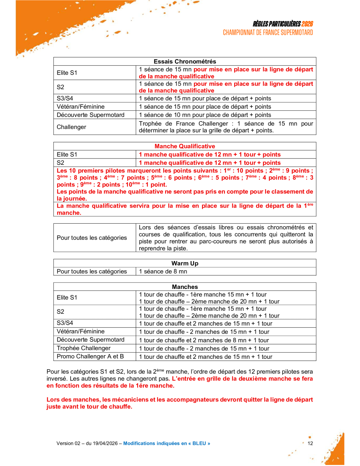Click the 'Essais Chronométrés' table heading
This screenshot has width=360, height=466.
[185, 61]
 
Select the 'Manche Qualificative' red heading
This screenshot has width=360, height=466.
[185, 146]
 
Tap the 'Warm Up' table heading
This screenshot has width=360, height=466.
[185, 263]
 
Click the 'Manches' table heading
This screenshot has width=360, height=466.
[185, 287]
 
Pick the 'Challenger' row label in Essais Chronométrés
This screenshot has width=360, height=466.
[72, 127]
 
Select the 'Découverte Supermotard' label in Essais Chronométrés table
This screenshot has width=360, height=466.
[91, 115]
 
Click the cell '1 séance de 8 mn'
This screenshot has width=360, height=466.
[163, 272]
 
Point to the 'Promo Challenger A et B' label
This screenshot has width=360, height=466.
[90, 357]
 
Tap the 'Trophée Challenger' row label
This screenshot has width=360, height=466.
[83, 348]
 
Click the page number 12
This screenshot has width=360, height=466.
[310, 443]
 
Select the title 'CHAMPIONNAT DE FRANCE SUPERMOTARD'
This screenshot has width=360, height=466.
[268, 33]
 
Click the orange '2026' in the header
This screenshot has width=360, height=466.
[307, 24]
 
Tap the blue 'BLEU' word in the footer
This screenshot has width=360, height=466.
[199, 443]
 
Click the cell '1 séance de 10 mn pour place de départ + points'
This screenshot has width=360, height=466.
[205, 115]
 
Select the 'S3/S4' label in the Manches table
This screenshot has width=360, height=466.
[65, 323]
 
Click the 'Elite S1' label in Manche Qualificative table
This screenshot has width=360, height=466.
[67, 154]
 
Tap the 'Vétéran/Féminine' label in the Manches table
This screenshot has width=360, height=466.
[81, 332]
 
